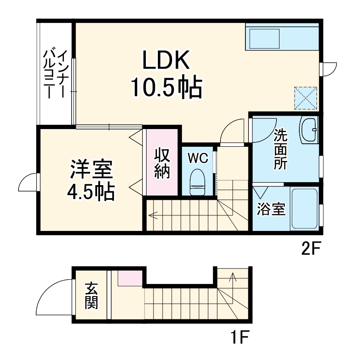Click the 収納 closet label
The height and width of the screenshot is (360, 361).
coord(162,164)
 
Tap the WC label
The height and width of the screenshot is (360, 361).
coord(198,158)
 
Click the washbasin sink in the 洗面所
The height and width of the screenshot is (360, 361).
coord(308,129)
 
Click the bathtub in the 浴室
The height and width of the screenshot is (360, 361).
coord(305,208)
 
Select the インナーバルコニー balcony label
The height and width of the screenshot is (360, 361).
coord(56,73)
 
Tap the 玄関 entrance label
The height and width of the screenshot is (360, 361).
coord(91,296)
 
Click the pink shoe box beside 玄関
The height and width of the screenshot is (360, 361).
coord(130,278)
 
